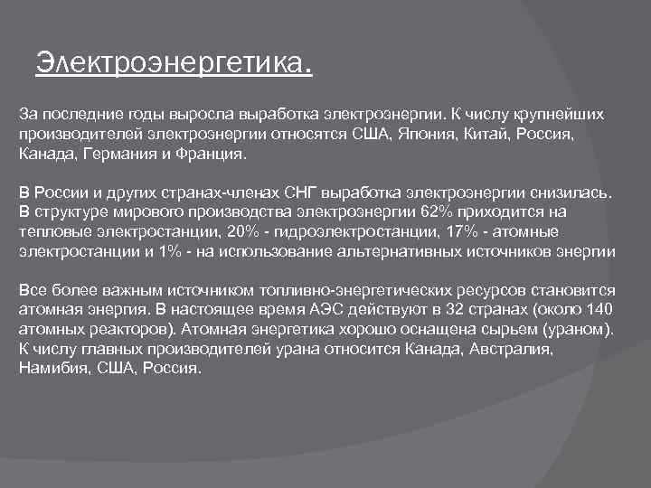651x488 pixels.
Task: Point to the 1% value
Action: tap(168, 251)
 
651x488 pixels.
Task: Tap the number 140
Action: tap(598, 310)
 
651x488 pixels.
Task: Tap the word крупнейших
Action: tap(553, 116)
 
